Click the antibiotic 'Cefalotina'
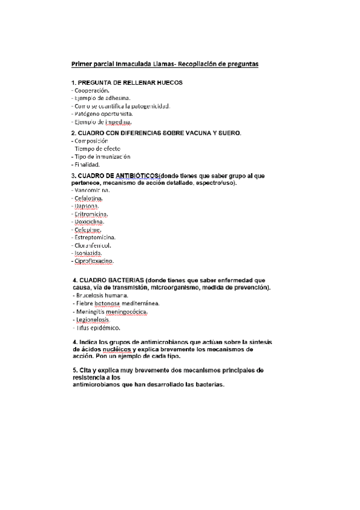(88, 198)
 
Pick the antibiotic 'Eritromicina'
(91, 214)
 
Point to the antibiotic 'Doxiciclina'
(91, 221)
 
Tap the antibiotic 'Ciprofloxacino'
(94, 261)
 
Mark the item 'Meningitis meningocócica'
(111, 312)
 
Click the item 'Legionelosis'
(92, 320)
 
